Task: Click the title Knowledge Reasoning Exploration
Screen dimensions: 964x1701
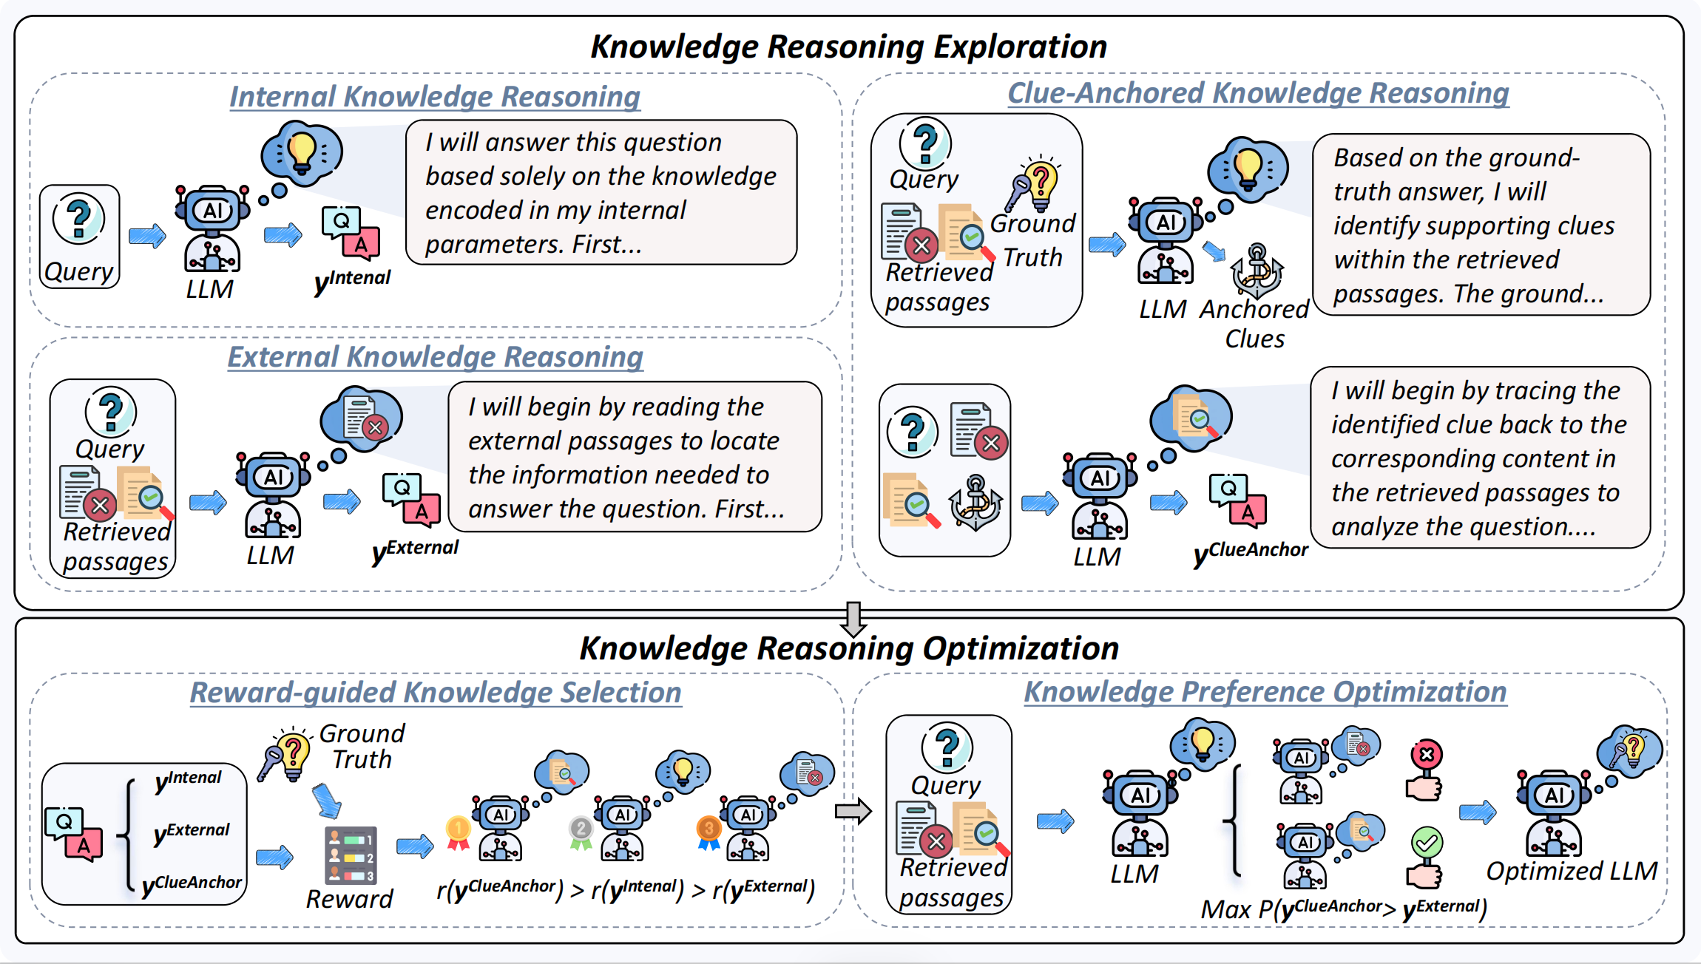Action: [848, 47]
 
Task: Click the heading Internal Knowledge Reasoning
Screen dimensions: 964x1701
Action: [435, 97]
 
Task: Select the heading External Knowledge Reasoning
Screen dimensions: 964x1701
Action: [435, 357]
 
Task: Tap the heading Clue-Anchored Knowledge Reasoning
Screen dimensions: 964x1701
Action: [1258, 93]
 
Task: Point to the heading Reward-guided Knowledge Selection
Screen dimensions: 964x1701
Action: [436, 693]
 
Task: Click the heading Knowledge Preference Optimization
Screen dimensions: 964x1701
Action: [1265, 692]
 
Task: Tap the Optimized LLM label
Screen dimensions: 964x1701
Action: [1572, 871]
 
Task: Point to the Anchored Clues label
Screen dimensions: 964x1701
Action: [1254, 324]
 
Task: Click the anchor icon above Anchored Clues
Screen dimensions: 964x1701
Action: [1257, 271]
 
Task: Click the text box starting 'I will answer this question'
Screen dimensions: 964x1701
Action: [601, 192]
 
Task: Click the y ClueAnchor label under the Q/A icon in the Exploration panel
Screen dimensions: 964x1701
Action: [1251, 551]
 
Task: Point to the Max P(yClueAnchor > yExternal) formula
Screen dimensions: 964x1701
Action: [1343, 909]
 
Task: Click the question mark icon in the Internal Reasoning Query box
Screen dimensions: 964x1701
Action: [78, 218]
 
